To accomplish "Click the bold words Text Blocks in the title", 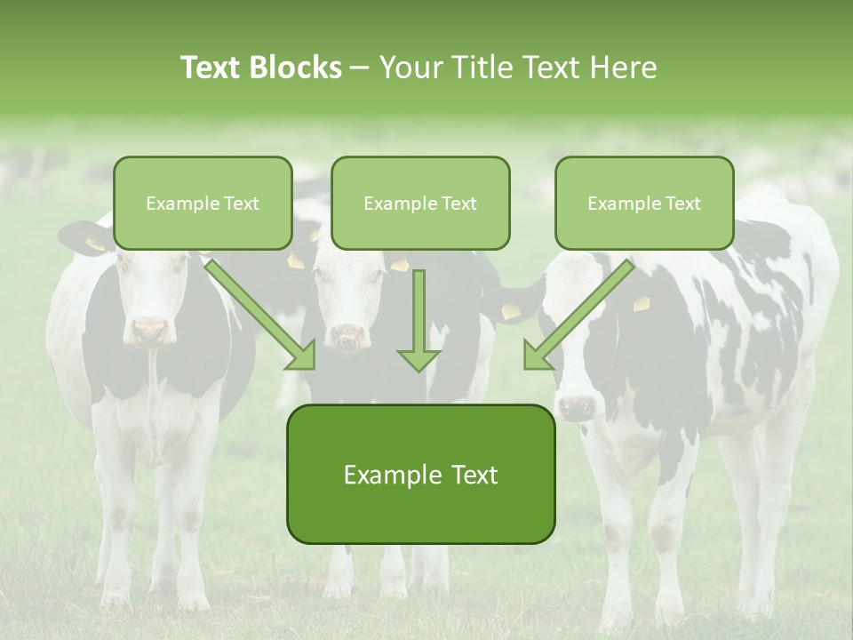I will [x=260, y=68].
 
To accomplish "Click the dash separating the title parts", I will [x=360, y=68].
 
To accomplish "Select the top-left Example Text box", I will [x=203, y=203].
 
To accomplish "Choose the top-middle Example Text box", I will [x=420, y=203].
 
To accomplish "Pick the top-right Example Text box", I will [x=644, y=203].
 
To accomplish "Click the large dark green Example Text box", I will [x=420, y=474].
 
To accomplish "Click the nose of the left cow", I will [x=149, y=332].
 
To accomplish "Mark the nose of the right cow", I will [x=577, y=407].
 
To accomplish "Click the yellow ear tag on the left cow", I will [x=94, y=243].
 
